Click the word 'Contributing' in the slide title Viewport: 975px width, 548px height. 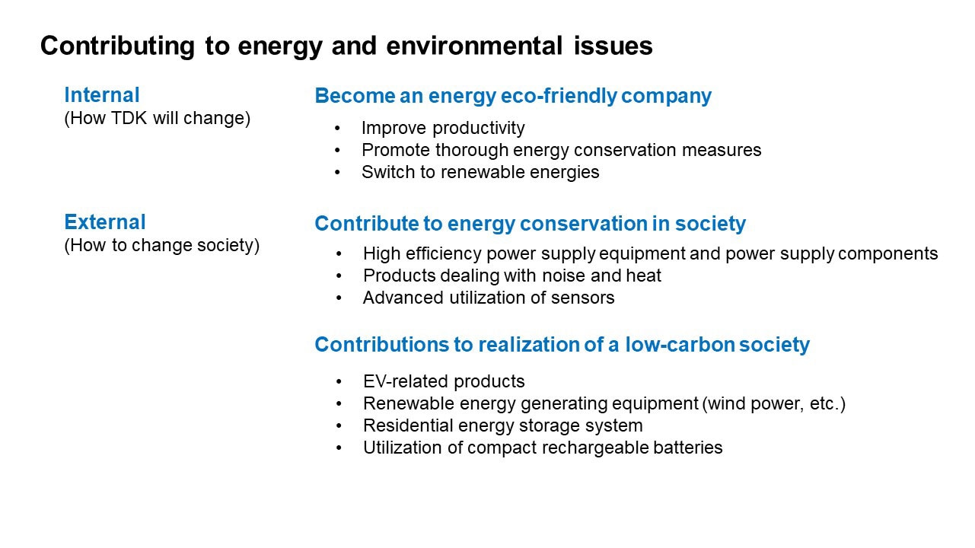(x=117, y=46)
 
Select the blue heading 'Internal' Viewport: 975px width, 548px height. (x=102, y=95)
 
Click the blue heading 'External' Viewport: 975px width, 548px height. (x=105, y=222)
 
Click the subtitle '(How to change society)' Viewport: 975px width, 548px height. (x=162, y=245)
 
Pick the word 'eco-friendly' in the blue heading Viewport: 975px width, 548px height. (x=559, y=96)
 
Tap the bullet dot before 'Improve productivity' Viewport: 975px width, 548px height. (x=337, y=129)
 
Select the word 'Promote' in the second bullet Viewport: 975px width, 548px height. (x=396, y=150)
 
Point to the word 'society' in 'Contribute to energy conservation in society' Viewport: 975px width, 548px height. (x=710, y=224)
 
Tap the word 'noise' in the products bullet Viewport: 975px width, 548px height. (x=564, y=276)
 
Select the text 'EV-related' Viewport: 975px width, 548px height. (x=406, y=381)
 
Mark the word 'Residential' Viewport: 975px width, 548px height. (x=408, y=425)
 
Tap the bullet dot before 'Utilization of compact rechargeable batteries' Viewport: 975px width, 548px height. (x=339, y=448)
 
